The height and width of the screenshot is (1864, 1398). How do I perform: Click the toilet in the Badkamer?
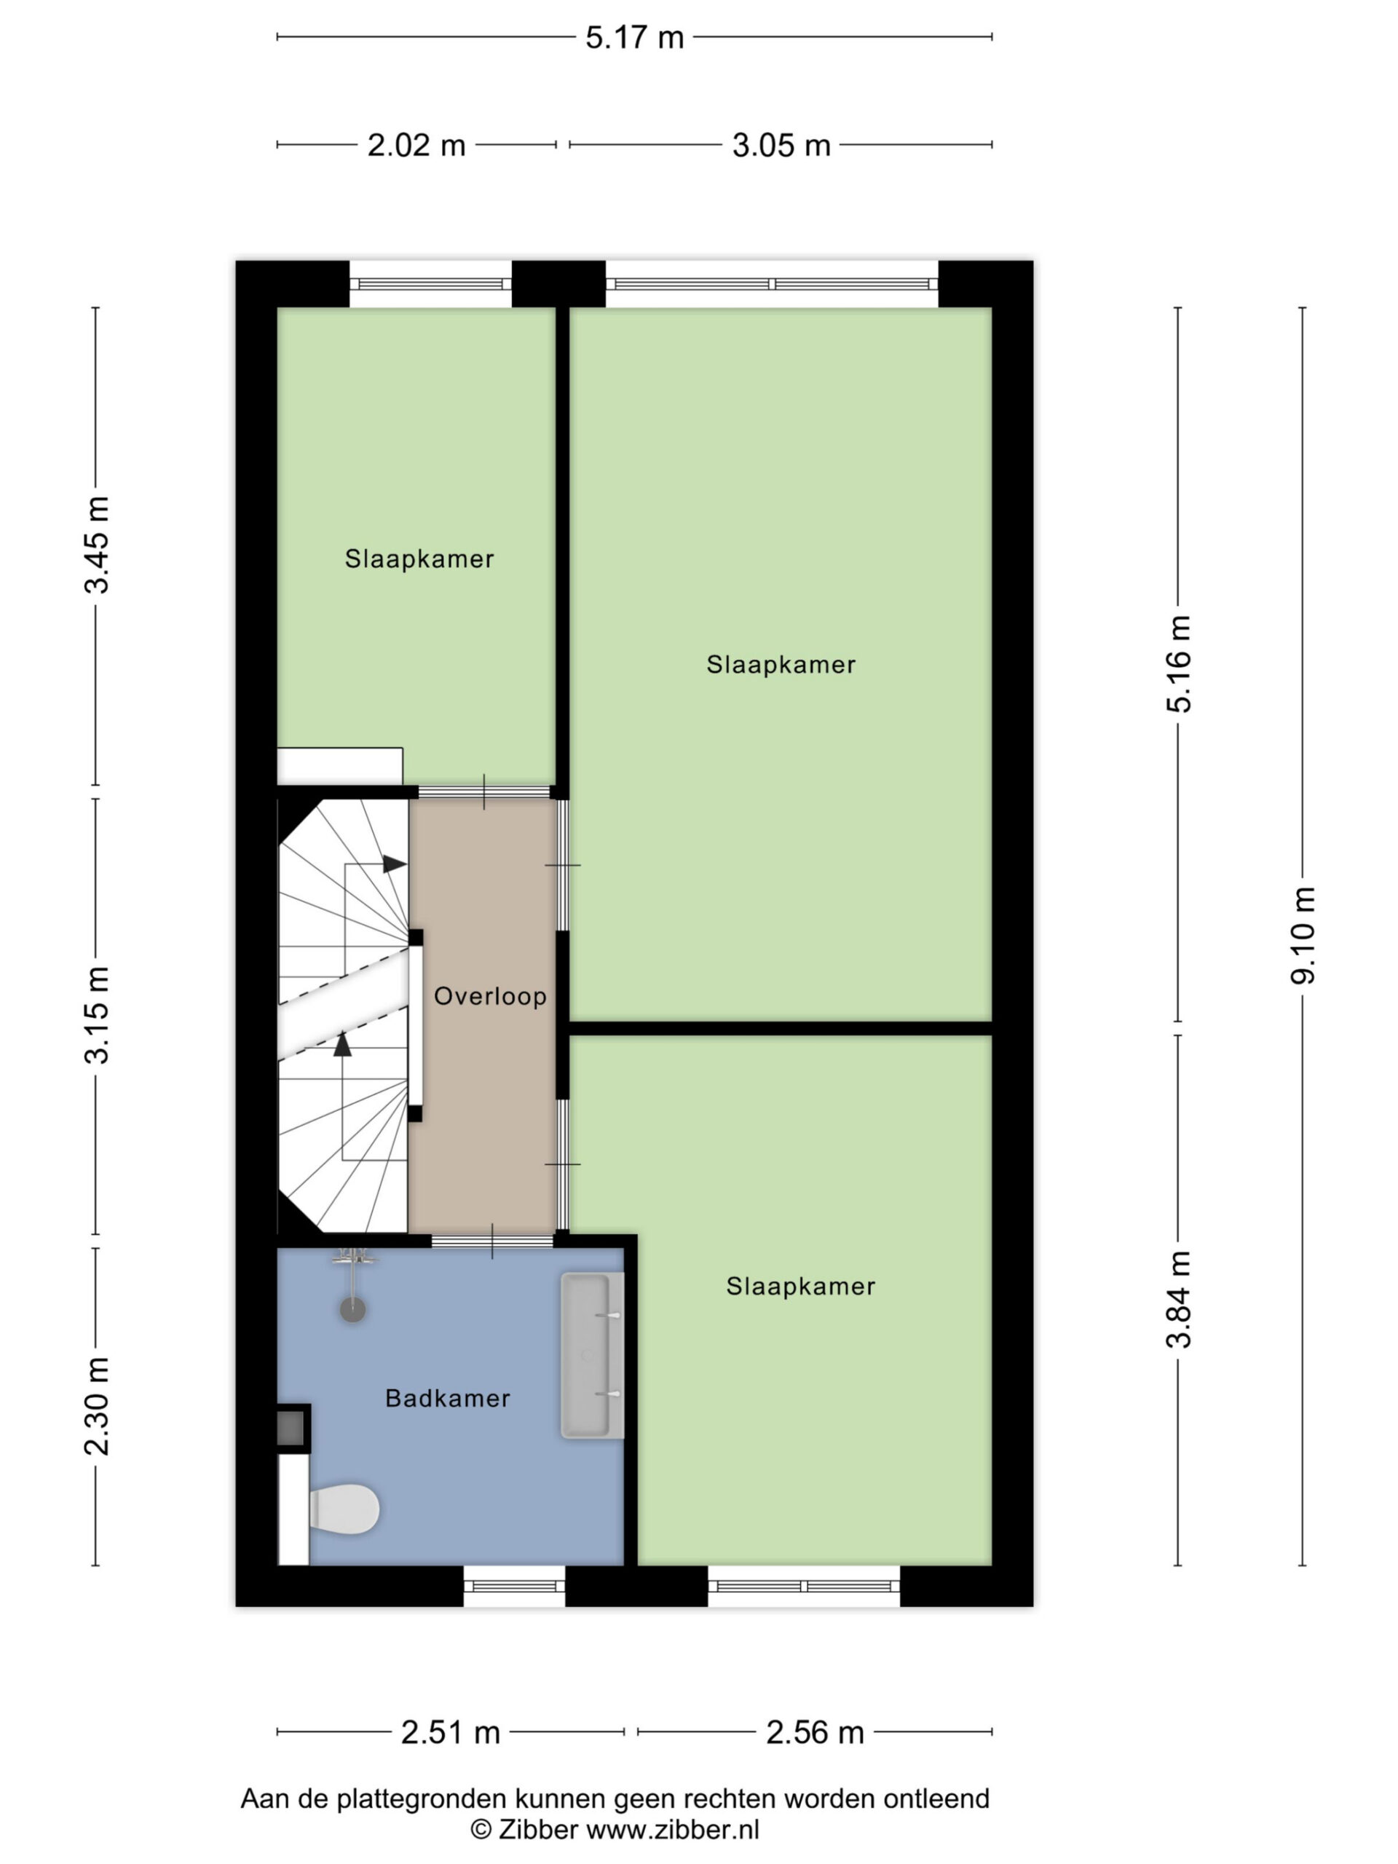coord(344,1509)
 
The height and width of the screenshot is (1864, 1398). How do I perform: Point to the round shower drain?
coord(352,1309)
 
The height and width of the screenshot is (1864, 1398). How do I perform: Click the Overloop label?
coord(489,996)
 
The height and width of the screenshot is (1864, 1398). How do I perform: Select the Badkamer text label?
coord(448,1398)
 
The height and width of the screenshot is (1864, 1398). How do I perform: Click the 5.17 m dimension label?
coord(633,37)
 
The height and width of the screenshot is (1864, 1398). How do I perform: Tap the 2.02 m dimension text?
coord(416,145)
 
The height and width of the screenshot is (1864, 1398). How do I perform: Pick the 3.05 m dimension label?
coord(781,145)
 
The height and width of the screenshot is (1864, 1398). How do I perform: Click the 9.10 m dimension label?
coord(1302,936)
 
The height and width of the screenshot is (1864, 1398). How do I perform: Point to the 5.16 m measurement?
coord(1179,664)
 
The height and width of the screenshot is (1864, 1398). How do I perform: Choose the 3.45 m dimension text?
coord(96,545)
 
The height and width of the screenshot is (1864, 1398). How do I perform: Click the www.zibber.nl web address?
coord(673,1830)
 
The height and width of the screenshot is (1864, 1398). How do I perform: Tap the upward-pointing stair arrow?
coord(342,1044)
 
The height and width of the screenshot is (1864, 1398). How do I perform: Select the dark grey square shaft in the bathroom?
coord(291,1429)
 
